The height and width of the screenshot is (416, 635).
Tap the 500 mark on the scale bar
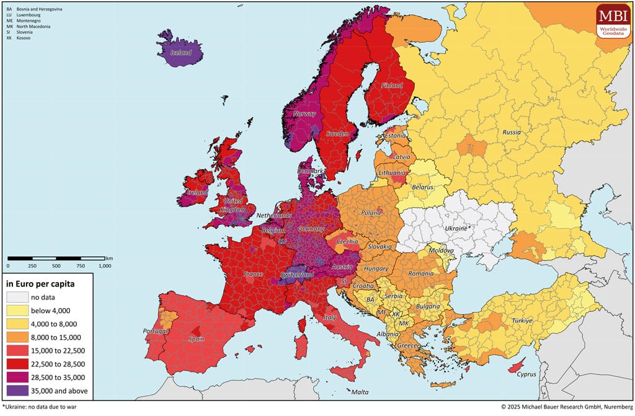point(56,265)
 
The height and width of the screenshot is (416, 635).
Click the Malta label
point(360,392)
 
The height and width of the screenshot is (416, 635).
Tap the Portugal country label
point(156,331)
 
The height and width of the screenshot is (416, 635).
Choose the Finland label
point(392,86)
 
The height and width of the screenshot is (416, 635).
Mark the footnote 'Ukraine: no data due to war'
point(40,408)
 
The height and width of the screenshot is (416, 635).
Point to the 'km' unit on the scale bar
point(109,257)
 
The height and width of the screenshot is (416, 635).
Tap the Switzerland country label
point(296,274)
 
